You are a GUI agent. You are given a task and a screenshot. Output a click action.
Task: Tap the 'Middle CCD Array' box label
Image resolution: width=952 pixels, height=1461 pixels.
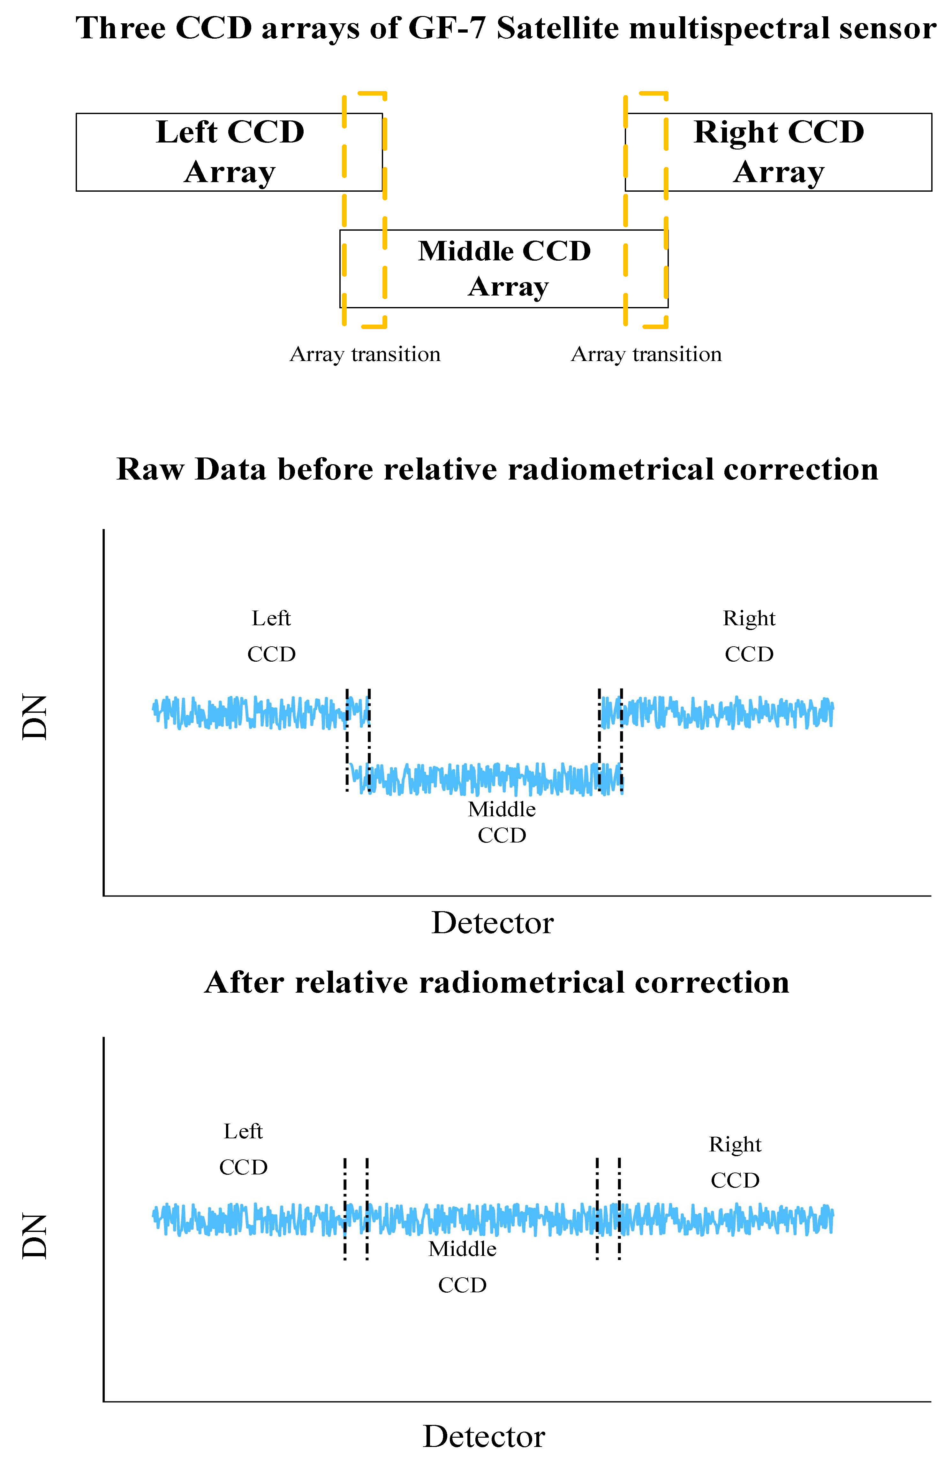click(504, 268)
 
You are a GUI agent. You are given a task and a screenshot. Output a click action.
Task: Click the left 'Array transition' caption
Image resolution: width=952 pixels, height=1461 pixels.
click(365, 354)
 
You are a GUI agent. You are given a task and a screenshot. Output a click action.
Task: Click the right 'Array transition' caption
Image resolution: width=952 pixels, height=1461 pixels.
click(646, 354)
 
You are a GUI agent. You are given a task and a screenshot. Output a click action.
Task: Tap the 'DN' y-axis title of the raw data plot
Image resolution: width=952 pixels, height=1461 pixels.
click(35, 717)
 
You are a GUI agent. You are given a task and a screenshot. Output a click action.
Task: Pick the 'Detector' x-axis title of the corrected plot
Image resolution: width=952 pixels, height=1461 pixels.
click(484, 1436)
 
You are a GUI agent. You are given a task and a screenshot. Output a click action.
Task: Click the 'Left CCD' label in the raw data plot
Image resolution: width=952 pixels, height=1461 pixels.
click(271, 636)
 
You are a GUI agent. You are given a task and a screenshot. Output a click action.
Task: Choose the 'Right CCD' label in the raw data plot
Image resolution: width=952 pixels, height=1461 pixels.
click(749, 636)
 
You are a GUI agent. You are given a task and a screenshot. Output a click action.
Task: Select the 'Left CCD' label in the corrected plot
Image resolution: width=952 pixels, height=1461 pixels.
click(243, 1149)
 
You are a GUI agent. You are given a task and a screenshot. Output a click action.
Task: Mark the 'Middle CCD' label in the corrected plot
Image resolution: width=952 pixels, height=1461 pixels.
click(463, 1267)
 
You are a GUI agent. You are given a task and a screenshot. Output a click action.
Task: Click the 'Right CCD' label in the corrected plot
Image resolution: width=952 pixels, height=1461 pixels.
click(735, 1162)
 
